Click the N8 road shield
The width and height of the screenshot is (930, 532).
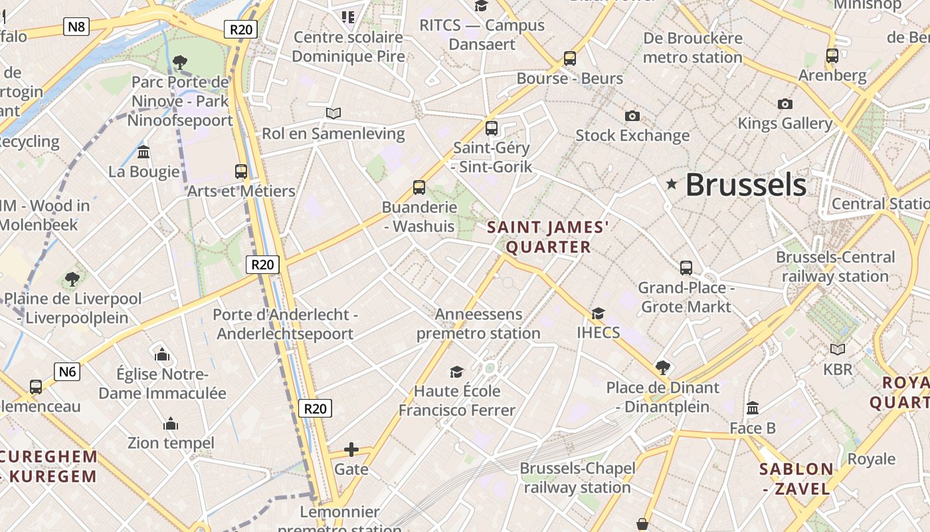tap(76, 27)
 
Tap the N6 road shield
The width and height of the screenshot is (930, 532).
tap(67, 371)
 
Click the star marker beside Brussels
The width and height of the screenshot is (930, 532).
tap(672, 184)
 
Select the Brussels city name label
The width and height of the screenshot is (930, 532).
tap(745, 184)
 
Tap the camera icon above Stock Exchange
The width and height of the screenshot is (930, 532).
tap(632, 116)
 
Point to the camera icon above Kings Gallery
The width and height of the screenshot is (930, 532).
tap(785, 104)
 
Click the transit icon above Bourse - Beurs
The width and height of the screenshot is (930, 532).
tap(569, 59)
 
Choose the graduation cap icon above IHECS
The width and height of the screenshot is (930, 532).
tap(598, 313)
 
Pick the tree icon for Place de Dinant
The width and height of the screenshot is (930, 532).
tap(662, 367)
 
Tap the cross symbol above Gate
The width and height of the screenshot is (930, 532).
tap(351, 450)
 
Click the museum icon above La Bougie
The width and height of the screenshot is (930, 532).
tap(143, 152)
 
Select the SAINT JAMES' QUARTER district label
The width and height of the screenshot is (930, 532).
tap(548, 237)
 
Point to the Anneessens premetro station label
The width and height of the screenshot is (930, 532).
tap(478, 323)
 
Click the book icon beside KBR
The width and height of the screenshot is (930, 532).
tap(838, 349)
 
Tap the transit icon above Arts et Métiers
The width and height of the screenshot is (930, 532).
tap(241, 172)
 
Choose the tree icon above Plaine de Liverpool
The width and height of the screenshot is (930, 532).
tap(72, 279)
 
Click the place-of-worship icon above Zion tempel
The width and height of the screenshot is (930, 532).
tap(171, 424)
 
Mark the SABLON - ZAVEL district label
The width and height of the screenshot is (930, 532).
tap(796, 479)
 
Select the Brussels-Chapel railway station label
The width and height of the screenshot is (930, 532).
tap(577, 477)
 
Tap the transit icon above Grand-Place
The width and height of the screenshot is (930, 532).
tap(686, 268)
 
